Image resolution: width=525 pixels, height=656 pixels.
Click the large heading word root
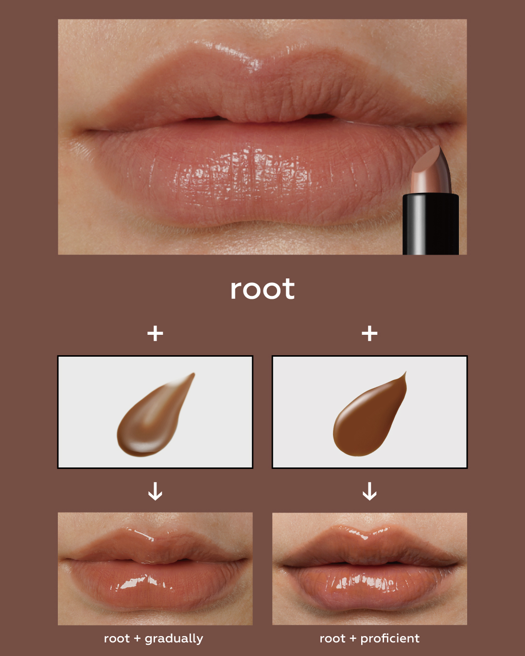click(x=262, y=289)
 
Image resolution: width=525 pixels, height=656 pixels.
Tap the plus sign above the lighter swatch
click(x=155, y=333)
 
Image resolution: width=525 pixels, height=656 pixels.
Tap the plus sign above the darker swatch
click(x=369, y=333)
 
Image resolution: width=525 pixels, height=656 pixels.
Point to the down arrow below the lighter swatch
click(x=155, y=491)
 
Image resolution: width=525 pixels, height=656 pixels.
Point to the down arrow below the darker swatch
click(x=369, y=491)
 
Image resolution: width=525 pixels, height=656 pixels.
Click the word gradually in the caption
click(x=174, y=639)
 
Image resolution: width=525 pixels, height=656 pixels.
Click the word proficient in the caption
click(x=390, y=639)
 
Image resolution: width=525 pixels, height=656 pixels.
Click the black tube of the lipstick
click(x=430, y=224)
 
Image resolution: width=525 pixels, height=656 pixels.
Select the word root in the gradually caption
click(x=117, y=639)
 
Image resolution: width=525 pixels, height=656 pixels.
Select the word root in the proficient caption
click(x=332, y=639)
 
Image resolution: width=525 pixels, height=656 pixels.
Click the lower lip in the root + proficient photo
click(x=369, y=587)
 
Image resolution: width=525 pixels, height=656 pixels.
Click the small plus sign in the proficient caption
click(x=353, y=639)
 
